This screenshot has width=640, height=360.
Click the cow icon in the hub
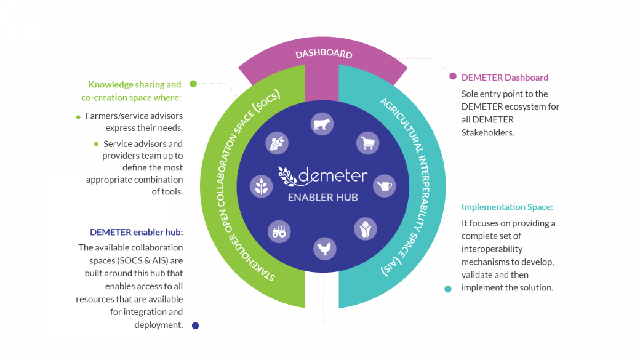point(322,124)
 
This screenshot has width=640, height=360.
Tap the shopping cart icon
point(368,143)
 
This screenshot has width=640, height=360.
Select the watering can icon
point(385,186)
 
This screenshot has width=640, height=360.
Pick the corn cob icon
point(366,229)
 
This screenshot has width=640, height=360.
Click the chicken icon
point(324,249)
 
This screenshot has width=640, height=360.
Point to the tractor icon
point(279,232)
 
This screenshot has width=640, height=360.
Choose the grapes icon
point(277,143)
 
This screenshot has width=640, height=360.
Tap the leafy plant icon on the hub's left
point(261,186)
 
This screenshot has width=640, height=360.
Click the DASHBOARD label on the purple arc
point(324,54)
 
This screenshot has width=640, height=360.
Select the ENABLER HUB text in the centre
point(323,198)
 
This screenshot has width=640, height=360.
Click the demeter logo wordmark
point(323,176)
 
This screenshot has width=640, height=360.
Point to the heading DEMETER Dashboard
point(505,78)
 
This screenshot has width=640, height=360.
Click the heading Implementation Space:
point(507,207)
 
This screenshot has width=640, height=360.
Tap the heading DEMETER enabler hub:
point(137,232)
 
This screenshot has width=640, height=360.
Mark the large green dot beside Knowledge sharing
point(193,84)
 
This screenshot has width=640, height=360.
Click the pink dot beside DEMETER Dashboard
point(453,76)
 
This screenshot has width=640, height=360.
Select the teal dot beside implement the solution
point(448,289)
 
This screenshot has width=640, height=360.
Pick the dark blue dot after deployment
point(196,326)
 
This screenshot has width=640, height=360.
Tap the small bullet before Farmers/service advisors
point(78,118)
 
